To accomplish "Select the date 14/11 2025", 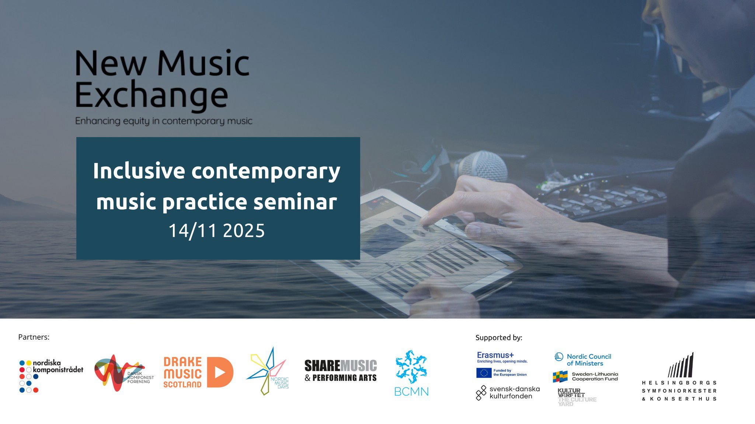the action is (x=217, y=231).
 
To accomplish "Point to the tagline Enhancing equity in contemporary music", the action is (x=164, y=121).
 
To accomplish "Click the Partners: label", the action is (x=34, y=337).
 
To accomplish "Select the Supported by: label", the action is (x=499, y=337).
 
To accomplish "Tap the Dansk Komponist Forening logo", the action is (x=124, y=373).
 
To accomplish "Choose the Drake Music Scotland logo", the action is (x=198, y=372).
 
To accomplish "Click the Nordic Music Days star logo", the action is (x=267, y=371).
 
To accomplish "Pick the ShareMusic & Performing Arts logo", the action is (x=341, y=371).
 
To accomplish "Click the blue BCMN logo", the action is (x=411, y=373).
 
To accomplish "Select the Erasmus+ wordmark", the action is (x=495, y=355).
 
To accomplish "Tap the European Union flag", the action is (x=484, y=373).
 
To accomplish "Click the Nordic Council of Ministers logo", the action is (x=583, y=360).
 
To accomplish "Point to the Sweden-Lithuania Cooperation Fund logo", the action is (x=585, y=376).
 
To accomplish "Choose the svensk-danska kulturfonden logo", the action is (x=508, y=393).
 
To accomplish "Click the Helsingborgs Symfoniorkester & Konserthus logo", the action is (x=679, y=377).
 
